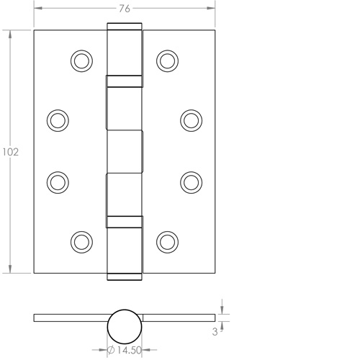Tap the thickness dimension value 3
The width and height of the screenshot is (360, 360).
click(x=215, y=332)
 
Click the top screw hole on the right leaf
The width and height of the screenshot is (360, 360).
click(x=167, y=60)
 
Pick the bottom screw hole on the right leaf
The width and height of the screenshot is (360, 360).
click(x=167, y=241)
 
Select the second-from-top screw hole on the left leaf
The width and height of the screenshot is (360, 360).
click(x=58, y=120)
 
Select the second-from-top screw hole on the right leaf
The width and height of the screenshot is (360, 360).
click(x=191, y=120)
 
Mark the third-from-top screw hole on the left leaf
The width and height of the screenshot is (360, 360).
click(x=58, y=181)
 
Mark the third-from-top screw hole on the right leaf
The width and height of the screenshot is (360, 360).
click(x=191, y=181)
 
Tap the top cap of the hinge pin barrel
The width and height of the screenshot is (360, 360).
click(x=125, y=27)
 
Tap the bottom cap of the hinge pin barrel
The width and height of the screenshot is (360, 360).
click(x=125, y=275)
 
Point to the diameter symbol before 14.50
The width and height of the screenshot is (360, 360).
click(x=112, y=350)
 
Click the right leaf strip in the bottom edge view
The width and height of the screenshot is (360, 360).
click(x=180, y=318)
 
